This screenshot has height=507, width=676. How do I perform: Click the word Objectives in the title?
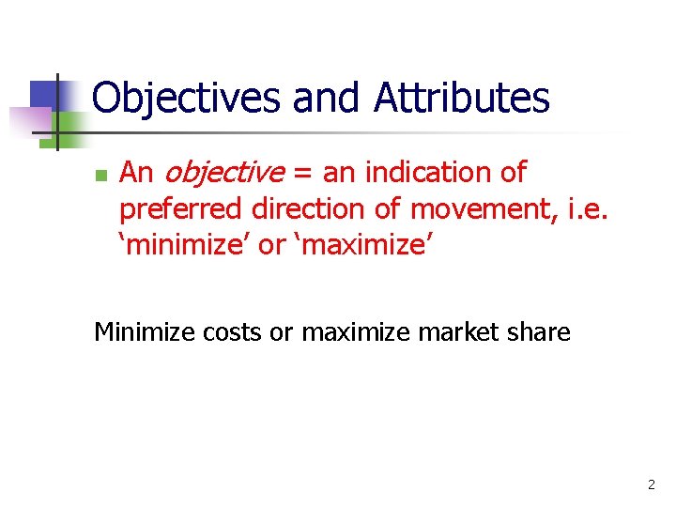188,98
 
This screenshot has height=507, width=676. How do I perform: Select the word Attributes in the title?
463,98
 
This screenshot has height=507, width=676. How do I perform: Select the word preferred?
181,208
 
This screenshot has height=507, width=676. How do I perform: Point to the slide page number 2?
651,485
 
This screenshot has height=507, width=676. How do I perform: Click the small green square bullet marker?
100,176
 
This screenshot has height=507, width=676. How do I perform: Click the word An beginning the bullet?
137,174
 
